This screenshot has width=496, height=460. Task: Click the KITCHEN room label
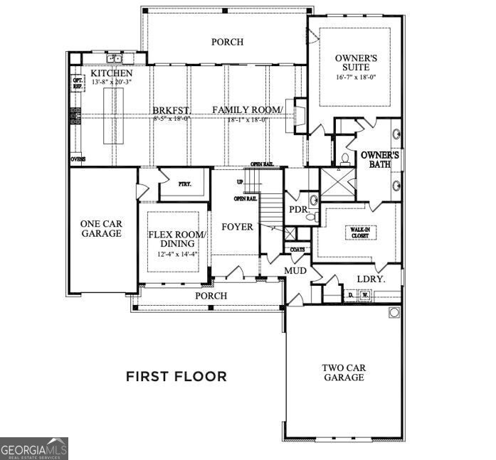111,74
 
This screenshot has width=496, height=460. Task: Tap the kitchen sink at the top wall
113,58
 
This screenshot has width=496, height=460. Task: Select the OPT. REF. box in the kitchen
78,82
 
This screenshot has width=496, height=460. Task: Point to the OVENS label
78,159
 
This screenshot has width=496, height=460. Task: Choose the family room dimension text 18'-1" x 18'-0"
247,119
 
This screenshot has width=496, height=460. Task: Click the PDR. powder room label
297,210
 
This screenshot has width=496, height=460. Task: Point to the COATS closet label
297,250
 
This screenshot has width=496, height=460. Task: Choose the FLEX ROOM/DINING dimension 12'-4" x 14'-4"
176,254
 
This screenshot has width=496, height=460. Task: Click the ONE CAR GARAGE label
100,228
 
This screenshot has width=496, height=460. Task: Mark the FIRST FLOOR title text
176,376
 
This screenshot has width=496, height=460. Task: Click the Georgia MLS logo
34,449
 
